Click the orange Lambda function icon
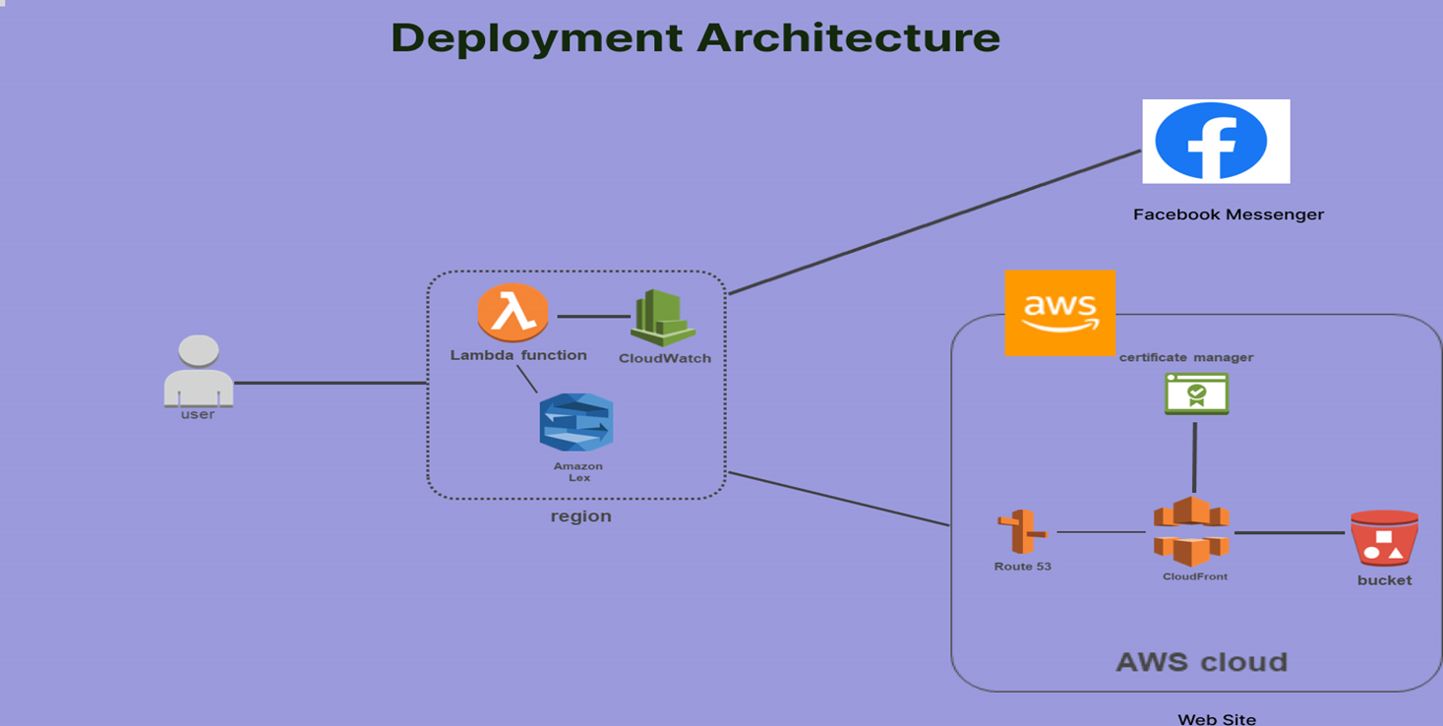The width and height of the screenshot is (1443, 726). [x=512, y=313]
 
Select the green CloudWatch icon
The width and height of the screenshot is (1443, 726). [x=663, y=318]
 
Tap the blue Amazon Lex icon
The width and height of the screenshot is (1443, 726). [x=575, y=422]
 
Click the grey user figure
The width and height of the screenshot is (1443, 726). [x=199, y=371]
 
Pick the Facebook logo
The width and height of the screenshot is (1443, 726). [x=1216, y=141]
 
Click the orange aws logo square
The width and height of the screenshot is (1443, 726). [x=1060, y=313]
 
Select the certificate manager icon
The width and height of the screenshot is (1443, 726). [x=1196, y=393]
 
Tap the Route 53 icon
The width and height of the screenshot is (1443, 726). [x=1022, y=531]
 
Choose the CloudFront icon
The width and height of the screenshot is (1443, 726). [x=1191, y=531]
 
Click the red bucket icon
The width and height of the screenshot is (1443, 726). [x=1384, y=538]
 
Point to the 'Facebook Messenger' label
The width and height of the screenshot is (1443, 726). [x=1229, y=214]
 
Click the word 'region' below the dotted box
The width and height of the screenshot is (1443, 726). [x=581, y=516]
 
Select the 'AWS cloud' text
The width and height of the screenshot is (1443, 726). [x=1202, y=662]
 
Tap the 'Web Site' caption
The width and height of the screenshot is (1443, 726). [x=1217, y=719]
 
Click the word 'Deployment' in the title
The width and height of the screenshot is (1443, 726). [x=537, y=38]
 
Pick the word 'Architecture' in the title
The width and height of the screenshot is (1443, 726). [x=849, y=37]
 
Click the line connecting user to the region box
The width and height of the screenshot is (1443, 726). [x=331, y=384]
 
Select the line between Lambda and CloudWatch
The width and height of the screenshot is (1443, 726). [x=593, y=317]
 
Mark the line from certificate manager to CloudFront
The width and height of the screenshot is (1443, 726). [x=1195, y=457]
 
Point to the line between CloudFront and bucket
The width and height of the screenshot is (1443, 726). [x=1290, y=533]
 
